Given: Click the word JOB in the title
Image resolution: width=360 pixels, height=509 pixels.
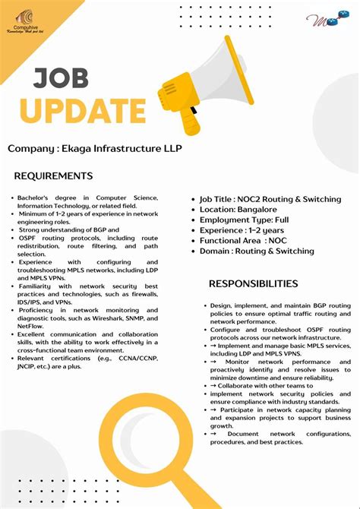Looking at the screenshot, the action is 62,78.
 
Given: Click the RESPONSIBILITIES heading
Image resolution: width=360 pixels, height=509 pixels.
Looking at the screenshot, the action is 254,283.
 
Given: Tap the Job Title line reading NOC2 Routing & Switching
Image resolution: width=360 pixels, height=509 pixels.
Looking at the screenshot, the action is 270,199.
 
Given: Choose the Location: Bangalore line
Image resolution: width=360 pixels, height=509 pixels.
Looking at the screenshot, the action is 238,210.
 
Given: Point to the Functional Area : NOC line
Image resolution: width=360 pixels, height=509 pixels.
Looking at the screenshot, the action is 244,240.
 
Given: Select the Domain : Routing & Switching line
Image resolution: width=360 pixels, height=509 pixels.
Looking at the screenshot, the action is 257,251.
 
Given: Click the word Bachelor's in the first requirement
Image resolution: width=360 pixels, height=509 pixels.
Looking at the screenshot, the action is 35,197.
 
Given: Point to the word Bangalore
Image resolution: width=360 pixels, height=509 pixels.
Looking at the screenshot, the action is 256,210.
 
